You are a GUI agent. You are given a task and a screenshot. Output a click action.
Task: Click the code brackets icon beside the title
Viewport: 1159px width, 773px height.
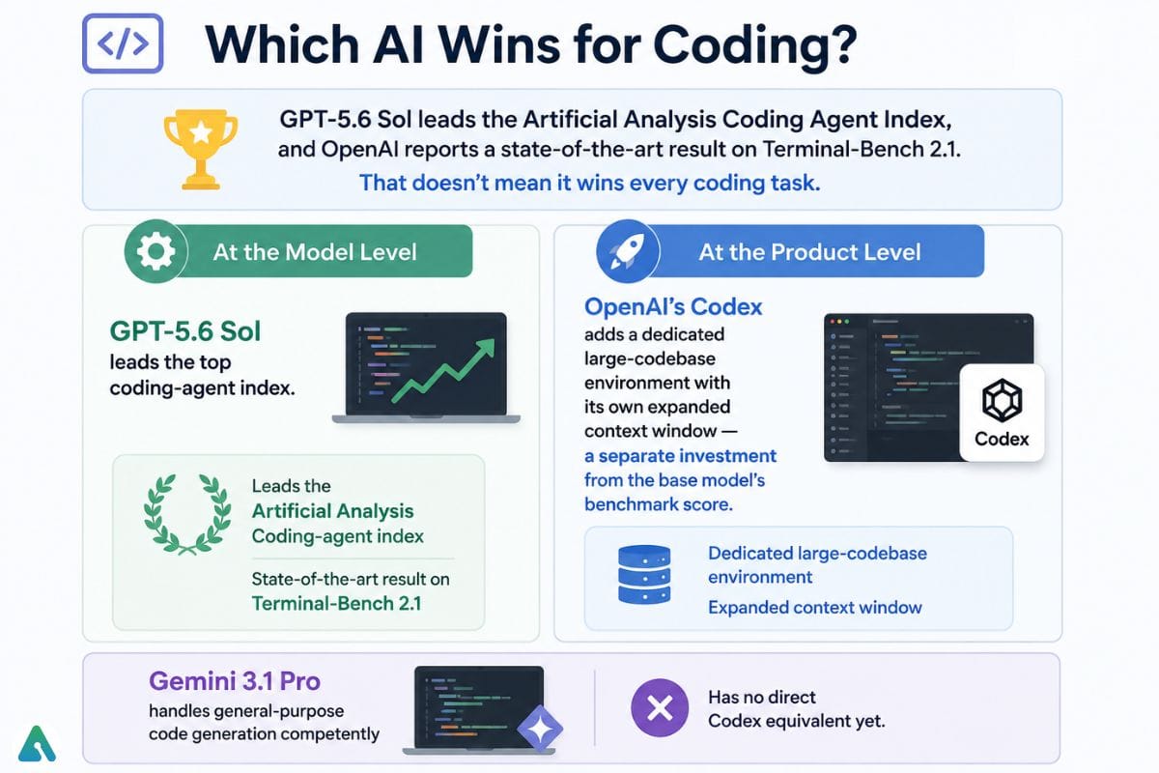click(x=123, y=43)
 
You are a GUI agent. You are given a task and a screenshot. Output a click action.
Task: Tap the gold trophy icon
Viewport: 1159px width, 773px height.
click(x=201, y=149)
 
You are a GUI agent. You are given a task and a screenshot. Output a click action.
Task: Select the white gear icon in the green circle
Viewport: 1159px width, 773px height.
click(x=155, y=251)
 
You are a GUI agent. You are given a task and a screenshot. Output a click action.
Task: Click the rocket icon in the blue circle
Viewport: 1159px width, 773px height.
click(x=628, y=251)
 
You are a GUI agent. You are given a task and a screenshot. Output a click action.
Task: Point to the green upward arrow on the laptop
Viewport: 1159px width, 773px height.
click(x=443, y=370)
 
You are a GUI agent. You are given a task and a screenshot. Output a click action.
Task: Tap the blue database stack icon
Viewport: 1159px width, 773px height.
click(x=644, y=575)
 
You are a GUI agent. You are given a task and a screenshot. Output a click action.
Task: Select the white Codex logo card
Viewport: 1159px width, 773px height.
click(x=1002, y=413)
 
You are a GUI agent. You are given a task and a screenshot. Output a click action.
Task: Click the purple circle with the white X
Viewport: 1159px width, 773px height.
click(x=660, y=707)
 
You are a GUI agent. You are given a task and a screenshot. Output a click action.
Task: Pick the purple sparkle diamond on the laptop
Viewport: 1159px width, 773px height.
click(x=540, y=729)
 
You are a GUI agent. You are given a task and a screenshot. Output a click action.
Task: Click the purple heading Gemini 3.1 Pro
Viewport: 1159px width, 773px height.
click(x=235, y=681)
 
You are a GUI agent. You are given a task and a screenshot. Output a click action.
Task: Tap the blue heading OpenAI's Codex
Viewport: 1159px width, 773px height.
click(x=673, y=307)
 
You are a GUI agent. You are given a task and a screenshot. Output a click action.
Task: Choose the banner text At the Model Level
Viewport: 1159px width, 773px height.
click(x=315, y=252)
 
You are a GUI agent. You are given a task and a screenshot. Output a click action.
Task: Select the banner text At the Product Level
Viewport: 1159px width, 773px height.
click(x=809, y=252)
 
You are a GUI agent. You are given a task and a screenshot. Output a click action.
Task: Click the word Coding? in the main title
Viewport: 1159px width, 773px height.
click(x=755, y=45)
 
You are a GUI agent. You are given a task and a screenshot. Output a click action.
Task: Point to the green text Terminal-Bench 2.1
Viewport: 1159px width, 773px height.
click(x=336, y=604)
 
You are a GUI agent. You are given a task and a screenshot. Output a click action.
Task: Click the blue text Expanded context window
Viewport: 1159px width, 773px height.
click(x=815, y=608)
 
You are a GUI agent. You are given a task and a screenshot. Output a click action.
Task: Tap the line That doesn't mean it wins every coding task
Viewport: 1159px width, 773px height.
click(x=590, y=183)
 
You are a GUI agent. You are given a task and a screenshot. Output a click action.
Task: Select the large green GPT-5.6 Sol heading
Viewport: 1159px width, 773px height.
click(x=185, y=331)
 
